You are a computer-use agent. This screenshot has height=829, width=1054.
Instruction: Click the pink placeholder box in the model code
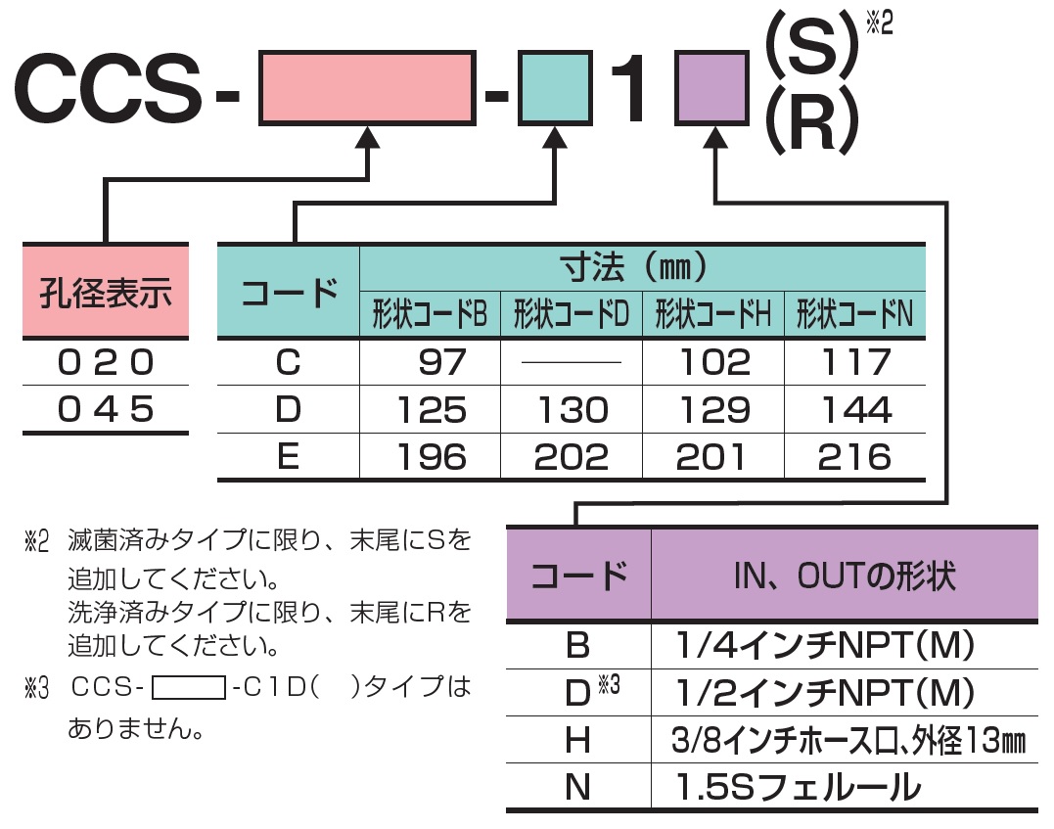(367, 90)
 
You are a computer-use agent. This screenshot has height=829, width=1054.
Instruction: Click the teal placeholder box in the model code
(555, 90)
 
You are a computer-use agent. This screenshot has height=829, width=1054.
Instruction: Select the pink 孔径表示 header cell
(105, 292)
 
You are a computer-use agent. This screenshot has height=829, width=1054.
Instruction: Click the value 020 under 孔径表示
(105, 364)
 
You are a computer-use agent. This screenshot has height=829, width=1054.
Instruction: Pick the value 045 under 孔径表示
(105, 410)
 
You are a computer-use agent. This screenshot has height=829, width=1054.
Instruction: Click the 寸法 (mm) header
(642, 266)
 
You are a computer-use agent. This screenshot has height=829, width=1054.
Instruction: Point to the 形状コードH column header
(713, 315)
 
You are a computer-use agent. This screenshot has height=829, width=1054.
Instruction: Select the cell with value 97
(442, 363)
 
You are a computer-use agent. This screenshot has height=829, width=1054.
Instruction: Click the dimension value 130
(572, 410)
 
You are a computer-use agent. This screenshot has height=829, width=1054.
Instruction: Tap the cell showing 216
(855, 457)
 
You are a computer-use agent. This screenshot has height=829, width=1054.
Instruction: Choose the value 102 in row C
(713, 363)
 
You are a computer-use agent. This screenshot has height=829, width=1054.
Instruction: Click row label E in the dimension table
(288, 457)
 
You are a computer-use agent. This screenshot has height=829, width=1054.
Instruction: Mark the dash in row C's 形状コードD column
(572, 363)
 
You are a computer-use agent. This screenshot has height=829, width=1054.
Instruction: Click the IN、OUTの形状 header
(844, 575)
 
